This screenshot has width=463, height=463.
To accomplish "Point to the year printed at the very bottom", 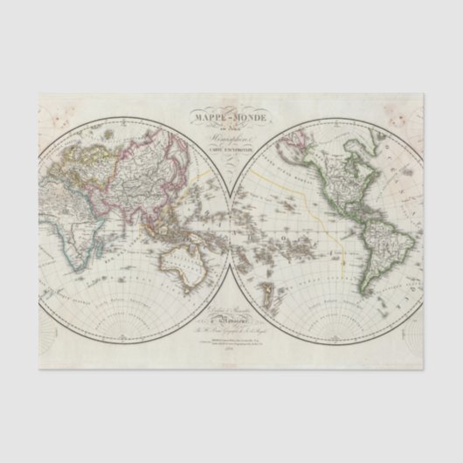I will click(231, 349).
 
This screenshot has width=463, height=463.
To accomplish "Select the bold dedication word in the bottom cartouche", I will click(231, 321).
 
